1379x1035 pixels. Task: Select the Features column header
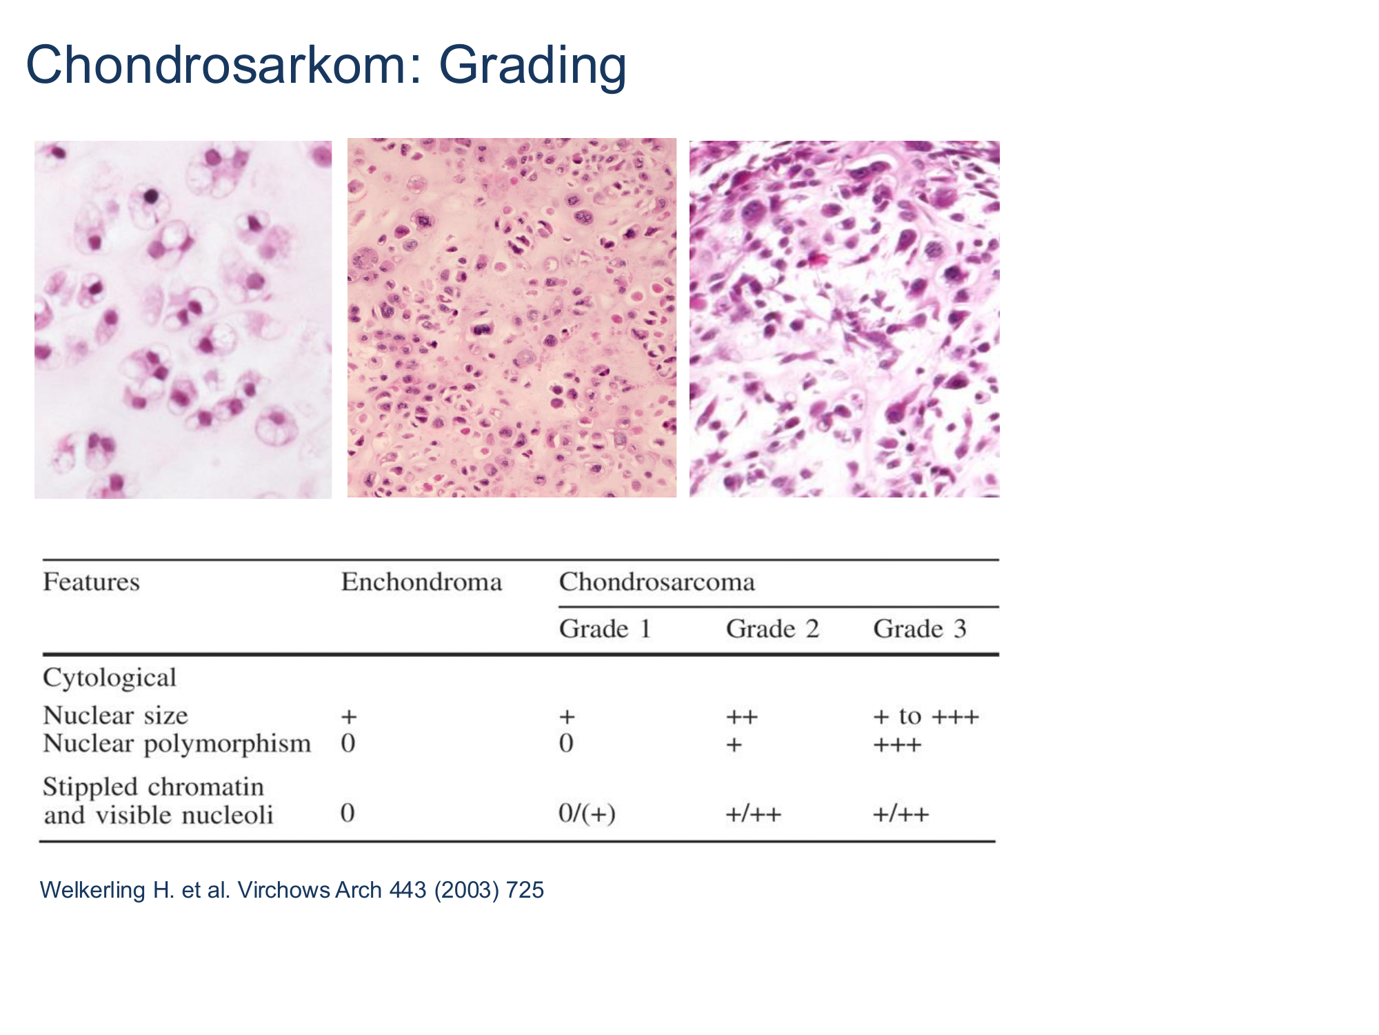(x=92, y=582)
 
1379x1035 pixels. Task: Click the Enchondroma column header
(x=421, y=582)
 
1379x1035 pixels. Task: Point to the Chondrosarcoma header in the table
(x=657, y=582)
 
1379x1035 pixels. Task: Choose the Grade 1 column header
(x=605, y=629)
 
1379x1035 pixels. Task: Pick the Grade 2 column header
(x=772, y=629)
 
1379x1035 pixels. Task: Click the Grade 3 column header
(x=920, y=629)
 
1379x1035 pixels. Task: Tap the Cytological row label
(x=110, y=678)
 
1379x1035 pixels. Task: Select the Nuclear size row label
(x=115, y=716)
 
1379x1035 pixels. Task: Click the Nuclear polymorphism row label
(x=177, y=744)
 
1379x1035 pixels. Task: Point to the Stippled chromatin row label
(x=154, y=787)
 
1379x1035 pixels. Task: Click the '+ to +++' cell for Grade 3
(x=926, y=717)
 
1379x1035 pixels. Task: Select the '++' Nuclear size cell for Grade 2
(x=742, y=718)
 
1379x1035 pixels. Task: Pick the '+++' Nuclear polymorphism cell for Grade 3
(x=897, y=745)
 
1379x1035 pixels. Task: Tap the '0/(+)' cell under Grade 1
(x=587, y=814)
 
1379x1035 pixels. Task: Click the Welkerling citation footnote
(x=292, y=890)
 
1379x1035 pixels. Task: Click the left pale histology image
(x=183, y=319)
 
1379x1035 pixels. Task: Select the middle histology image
(x=512, y=317)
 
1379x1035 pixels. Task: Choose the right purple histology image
(x=845, y=319)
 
